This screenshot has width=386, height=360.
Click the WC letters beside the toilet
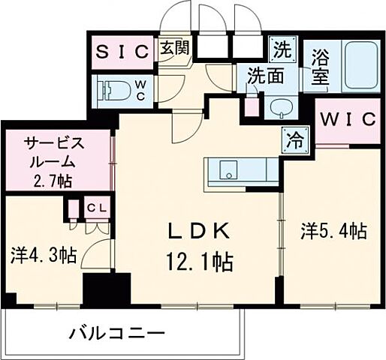[x=140, y=91]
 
